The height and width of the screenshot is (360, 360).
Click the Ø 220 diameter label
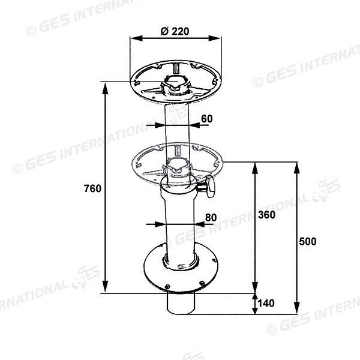coord(175,31)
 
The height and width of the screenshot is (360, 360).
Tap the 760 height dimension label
coord(92,188)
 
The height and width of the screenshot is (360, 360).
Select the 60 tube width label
coord(207,119)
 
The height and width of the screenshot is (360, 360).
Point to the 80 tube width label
coord(211,217)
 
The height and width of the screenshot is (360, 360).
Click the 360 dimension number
coord(266,215)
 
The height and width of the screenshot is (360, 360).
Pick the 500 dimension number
coord(308,241)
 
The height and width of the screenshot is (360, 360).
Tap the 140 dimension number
coord(266,303)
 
